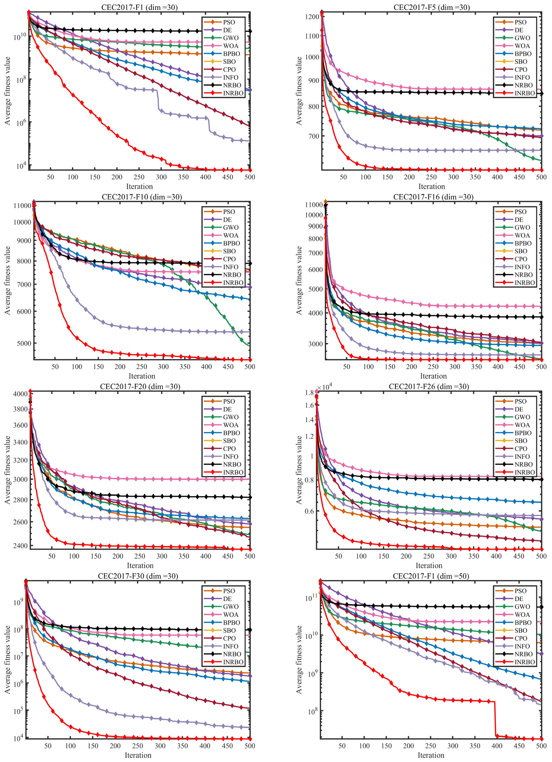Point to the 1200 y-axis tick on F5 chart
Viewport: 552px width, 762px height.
312,17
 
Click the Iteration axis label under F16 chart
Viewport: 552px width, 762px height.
433,376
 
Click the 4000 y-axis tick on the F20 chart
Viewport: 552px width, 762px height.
21,394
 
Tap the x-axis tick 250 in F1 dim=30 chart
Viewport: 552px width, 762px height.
139,177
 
